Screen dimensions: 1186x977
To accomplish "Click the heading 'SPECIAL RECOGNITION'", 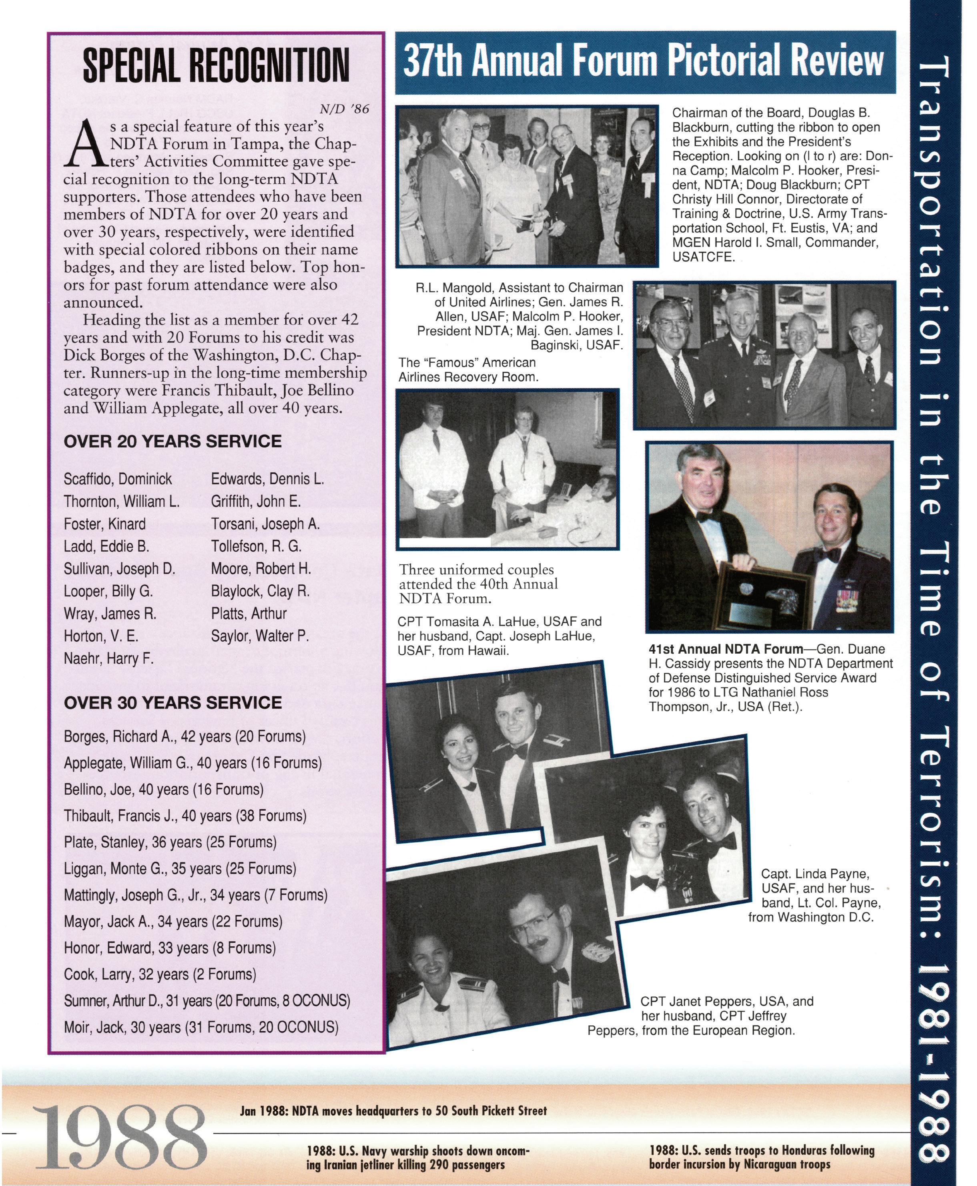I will tap(216, 65).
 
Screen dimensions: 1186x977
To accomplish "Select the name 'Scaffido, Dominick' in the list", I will tap(118, 479).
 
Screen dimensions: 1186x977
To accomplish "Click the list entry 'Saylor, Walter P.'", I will tap(260, 636).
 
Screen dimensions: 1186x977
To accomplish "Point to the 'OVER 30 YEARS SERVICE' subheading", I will tap(173, 703).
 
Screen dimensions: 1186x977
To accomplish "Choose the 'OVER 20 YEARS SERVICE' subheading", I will tap(173, 441).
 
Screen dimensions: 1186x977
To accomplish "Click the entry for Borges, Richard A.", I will tap(185, 737).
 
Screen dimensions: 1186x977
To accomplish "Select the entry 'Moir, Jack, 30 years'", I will tap(201, 1028).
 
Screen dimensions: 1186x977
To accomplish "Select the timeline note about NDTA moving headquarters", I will tap(393, 1111).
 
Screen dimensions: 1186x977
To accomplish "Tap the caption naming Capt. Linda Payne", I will tap(815, 896).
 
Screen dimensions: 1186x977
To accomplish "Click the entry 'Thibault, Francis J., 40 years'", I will tap(185, 816).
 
